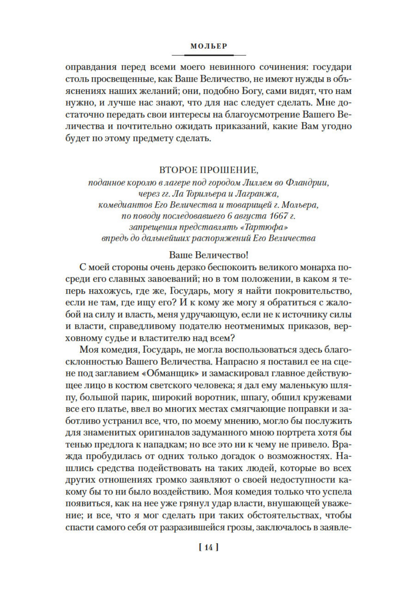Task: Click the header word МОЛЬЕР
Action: click(x=209, y=46)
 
